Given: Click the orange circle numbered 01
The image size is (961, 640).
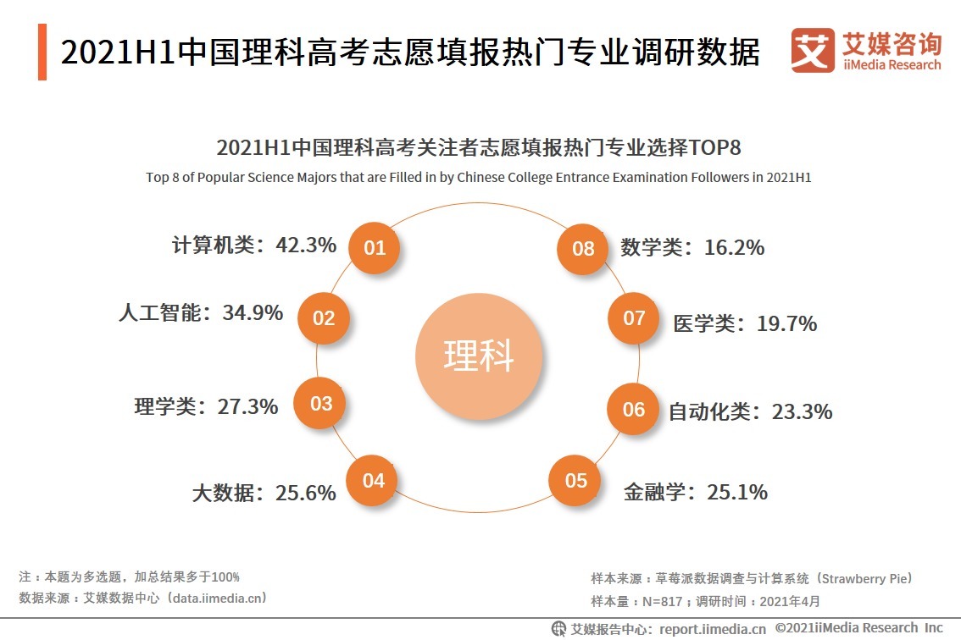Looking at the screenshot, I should click(x=375, y=248).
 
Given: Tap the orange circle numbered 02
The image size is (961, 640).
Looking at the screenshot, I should click(x=325, y=318).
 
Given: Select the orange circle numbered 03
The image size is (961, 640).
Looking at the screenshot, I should click(x=321, y=404).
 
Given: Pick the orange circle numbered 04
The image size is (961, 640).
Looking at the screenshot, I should click(x=374, y=481).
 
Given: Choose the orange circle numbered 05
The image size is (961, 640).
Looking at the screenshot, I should click(x=576, y=481).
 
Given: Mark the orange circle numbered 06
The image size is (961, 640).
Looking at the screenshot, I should click(x=634, y=410).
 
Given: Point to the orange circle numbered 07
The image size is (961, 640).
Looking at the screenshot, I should click(x=634, y=318).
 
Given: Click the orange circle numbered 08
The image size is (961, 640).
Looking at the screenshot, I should click(x=583, y=249).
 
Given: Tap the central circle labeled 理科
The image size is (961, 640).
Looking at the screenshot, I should click(x=479, y=356).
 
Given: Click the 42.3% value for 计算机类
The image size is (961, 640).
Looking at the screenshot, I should click(x=306, y=246).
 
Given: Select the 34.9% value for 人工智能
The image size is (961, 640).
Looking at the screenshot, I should click(x=253, y=313).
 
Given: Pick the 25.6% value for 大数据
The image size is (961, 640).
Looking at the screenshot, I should click(x=305, y=493).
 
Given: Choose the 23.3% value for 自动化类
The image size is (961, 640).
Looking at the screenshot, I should click(x=802, y=412).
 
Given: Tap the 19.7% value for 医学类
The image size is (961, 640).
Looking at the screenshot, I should click(x=786, y=323).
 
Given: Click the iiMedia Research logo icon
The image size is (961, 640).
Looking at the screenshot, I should click(x=812, y=51).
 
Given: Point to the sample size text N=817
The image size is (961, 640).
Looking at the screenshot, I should click(x=665, y=602).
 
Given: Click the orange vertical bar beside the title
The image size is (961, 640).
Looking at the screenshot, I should click(x=42, y=52).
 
